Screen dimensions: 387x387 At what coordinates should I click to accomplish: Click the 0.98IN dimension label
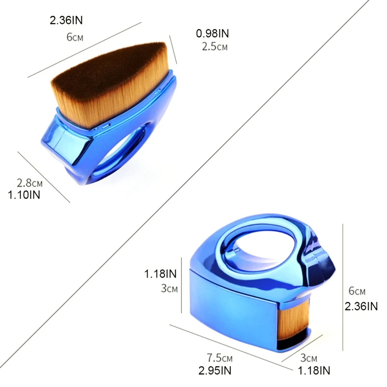pyautogui.click(x=212, y=33)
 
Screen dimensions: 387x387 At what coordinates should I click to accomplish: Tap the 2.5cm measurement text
pyautogui.click(x=215, y=46)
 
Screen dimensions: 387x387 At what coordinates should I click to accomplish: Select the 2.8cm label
pyautogui.click(x=30, y=183)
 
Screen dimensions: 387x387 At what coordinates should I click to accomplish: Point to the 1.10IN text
pyautogui.click(x=24, y=195)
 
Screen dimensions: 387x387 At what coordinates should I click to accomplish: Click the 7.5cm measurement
pyautogui.click(x=220, y=357)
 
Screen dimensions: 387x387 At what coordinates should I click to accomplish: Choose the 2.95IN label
pyautogui.click(x=215, y=371)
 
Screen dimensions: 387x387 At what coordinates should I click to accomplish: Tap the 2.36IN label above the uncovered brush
pyautogui.click(x=66, y=20)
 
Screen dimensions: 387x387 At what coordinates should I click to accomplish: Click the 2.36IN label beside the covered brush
pyautogui.click(x=361, y=306)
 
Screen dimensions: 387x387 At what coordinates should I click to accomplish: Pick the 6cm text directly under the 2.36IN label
pyautogui.click(x=75, y=37)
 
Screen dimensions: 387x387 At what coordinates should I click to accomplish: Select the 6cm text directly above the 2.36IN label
pyautogui.click(x=357, y=291)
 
